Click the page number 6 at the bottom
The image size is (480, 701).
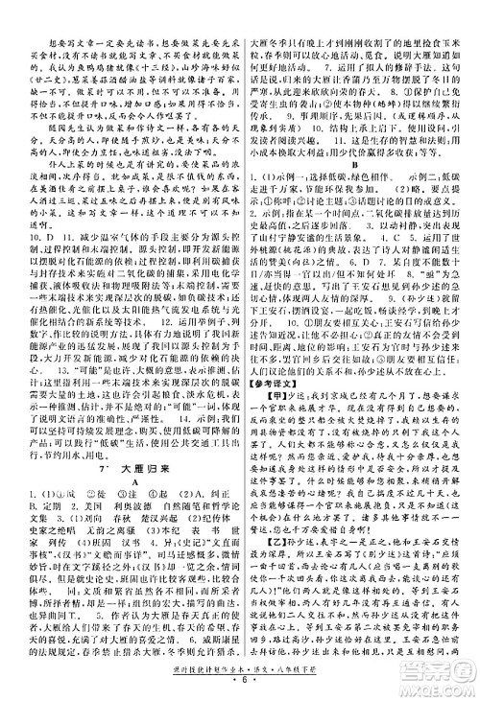241,689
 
